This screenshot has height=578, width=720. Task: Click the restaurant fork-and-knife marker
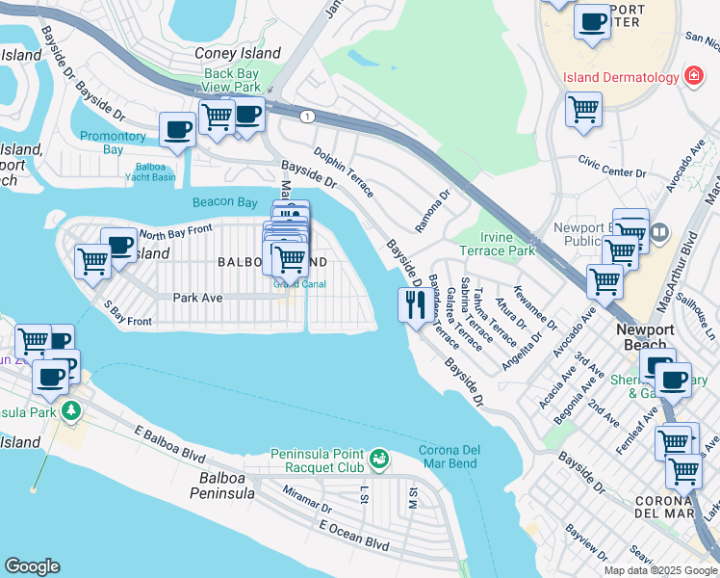[412, 305]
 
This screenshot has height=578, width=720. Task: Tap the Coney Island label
[238, 54]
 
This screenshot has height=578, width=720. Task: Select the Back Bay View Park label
[232, 81]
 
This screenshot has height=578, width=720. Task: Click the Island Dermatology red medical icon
[692, 76]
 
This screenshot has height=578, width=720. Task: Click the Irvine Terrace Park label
[507, 244]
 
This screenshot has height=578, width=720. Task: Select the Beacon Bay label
[224, 202]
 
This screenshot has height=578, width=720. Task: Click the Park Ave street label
[197, 298]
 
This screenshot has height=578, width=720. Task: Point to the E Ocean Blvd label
[353, 535]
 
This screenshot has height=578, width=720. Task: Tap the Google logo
[32, 566]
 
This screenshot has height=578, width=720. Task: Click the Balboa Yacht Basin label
[150, 171]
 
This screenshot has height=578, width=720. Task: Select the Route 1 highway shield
[307, 116]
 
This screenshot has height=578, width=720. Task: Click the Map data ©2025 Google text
[660, 570]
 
